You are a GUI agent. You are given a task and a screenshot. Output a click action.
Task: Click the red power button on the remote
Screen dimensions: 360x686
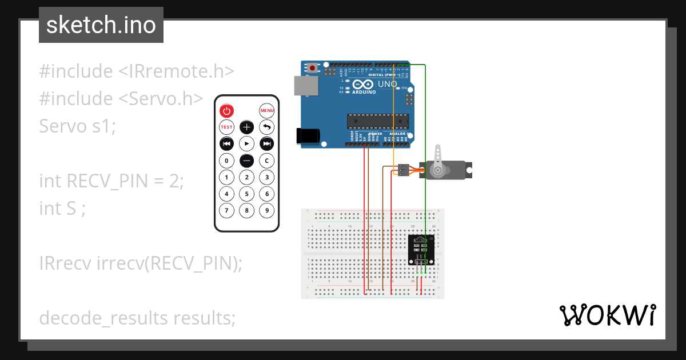[x=227, y=111]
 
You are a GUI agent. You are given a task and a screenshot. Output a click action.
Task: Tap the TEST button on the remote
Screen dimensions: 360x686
[x=227, y=127]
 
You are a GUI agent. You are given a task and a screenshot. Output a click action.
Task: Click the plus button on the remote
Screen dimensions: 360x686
[x=246, y=127]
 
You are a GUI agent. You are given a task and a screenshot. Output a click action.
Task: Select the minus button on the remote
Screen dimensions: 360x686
[x=246, y=161]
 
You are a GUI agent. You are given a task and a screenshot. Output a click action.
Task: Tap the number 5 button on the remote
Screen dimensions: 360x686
[x=246, y=194]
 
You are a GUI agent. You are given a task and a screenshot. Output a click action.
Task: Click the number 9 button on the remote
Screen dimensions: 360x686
[x=266, y=210]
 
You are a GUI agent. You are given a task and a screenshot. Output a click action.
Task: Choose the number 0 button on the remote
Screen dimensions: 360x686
[x=227, y=161]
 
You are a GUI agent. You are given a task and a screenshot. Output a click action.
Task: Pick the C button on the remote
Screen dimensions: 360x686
[x=266, y=161]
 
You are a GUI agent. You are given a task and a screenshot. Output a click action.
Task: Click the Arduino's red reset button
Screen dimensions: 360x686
[x=313, y=69]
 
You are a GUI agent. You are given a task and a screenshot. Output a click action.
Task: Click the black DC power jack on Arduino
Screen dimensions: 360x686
[x=307, y=135]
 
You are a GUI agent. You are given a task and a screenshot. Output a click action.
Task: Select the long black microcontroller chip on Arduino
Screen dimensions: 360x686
[x=378, y=121]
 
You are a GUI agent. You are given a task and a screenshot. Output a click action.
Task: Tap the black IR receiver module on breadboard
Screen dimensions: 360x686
[x=421, y=250]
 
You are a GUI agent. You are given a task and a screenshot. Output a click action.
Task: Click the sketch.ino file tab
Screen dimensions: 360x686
[x=101, y=25]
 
